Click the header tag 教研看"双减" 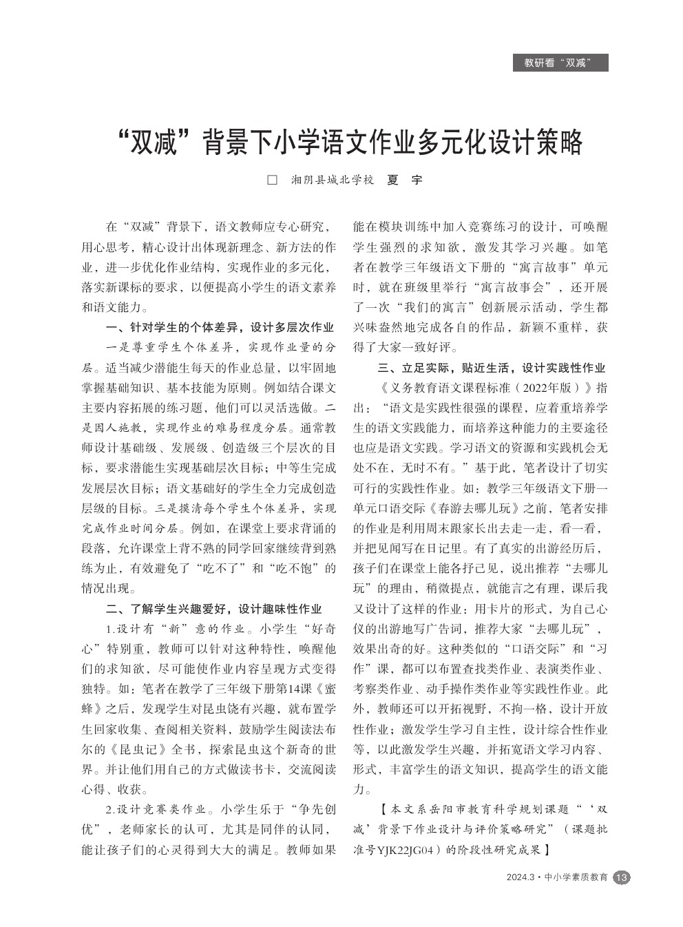coord(560,63)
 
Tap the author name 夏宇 coord(405,180)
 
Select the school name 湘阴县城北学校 coord(333,180)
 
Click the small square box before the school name coord(272,180)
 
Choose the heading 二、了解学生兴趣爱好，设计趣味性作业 coord(214,609)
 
